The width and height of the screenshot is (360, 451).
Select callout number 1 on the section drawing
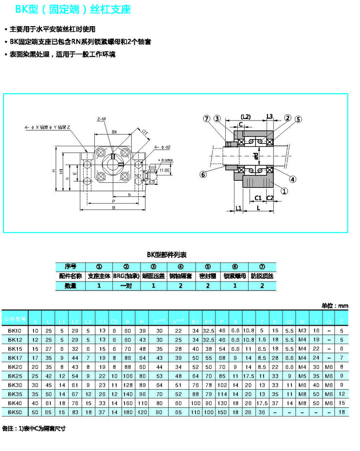[x=285, y=191]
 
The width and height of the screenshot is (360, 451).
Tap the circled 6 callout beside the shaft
[x=203, y=174]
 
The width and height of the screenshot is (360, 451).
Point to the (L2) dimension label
[x=245, y=117]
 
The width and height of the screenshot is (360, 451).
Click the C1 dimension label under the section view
[x=259, y=197]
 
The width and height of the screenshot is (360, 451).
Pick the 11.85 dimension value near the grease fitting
[x=164, y=171]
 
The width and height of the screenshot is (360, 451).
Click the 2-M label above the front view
[x=102, y=119]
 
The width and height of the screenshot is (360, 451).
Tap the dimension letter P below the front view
[x=113, y=200]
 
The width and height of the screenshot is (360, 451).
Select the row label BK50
[x=15, y=412]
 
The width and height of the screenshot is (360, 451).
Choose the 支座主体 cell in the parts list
[x=99, y=276]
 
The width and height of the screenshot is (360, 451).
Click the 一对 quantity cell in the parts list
[x=126, y=286]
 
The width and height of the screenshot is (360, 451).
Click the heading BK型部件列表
[x=167, y=255]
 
